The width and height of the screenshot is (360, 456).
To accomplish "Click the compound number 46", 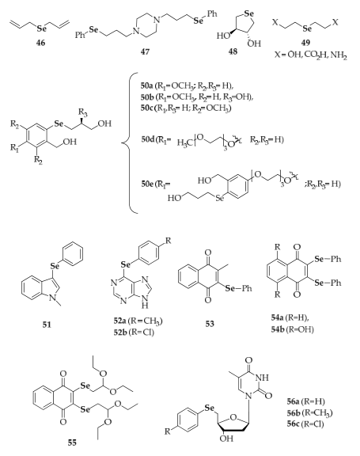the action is (x=40, y=43).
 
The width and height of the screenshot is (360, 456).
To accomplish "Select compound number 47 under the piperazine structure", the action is (x=145, y=51).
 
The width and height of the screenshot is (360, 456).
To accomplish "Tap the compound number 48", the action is (x=233, y=51).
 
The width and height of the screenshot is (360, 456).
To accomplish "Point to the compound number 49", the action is (x=305, y=43).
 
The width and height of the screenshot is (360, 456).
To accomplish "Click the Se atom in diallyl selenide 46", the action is (x=42, y=28).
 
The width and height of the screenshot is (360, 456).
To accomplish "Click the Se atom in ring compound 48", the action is (x=249, y=13).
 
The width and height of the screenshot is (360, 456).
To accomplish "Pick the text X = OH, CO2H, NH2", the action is (x=311, y=55).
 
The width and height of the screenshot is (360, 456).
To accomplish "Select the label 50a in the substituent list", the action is (x=148, y=85).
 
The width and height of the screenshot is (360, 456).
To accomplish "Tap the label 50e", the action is (x=148, y=184).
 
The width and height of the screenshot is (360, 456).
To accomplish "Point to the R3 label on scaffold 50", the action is (x=83, y=112).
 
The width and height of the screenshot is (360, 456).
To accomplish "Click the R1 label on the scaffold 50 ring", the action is (x=14, y=148).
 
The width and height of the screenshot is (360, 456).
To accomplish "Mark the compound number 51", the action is (x=47, y=325).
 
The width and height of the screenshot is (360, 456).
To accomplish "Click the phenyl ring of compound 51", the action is (x=73, y=255).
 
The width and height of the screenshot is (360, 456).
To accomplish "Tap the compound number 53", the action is (x=210, y=324).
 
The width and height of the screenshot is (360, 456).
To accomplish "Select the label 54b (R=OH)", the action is (x=292, y=329).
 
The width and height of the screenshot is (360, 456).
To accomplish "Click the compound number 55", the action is (x=72, y=443).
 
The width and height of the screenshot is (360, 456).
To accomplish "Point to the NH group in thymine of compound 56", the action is (x=263, y=378).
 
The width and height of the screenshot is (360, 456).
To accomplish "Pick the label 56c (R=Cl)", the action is (x=305, y=424).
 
